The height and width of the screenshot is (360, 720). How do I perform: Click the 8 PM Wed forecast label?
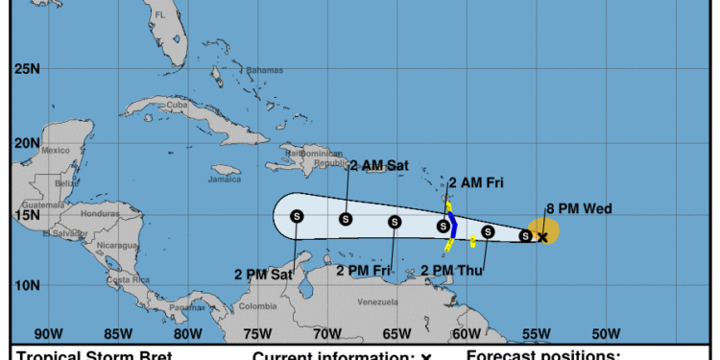click(x=580, y=209)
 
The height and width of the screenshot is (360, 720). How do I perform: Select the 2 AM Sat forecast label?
click(x=378, y=165)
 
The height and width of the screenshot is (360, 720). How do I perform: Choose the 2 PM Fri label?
click(x=367, y=271)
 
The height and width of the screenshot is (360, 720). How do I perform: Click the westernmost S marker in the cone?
click(x=297, y=216)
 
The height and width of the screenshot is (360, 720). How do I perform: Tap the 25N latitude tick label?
click(x=26, y=69)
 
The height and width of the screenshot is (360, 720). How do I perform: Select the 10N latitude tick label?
click(x=26, y=285)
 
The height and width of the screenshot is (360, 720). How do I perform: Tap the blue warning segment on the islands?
click(x=453, y=228)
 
